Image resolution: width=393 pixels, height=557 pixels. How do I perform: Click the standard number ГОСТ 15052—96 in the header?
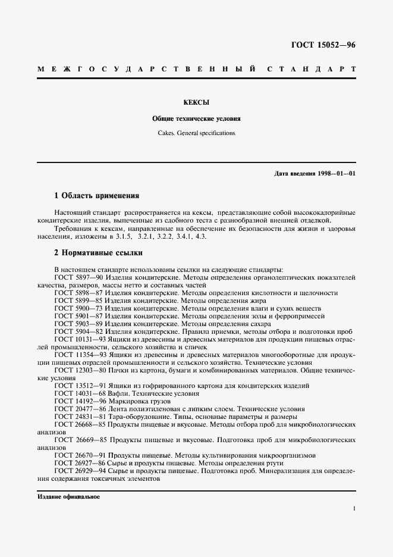point(323,45)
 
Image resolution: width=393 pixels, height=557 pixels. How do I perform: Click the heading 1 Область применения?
point(96,195)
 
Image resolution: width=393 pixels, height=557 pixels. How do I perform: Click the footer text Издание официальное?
point(68,496)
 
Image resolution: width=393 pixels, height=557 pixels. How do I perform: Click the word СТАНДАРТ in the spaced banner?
point(312,70)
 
